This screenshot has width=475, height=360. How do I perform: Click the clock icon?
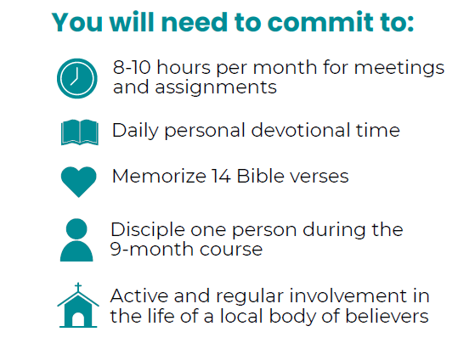point(77,78)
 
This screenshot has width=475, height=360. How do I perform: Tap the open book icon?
point(80,132)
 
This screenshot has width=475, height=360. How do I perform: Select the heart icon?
point(79,182)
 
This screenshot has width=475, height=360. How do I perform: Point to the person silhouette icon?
point(76,239)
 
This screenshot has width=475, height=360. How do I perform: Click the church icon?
point(78,305)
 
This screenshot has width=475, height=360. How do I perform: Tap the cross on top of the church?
point(78,287)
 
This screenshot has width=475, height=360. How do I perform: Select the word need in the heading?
point(195,22)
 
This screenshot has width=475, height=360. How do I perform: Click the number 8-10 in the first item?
point(132,67)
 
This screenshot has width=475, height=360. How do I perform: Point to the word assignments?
point(216,87)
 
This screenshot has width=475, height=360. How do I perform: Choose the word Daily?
point(135,131)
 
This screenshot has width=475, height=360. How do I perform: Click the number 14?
point(221,176)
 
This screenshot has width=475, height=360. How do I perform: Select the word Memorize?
point(159,176)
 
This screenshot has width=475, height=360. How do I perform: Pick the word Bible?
point(261,176)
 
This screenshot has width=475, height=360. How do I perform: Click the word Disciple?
point(148,230)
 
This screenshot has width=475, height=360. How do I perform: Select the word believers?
point(387,316)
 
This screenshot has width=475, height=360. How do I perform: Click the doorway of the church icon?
point(78,319)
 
